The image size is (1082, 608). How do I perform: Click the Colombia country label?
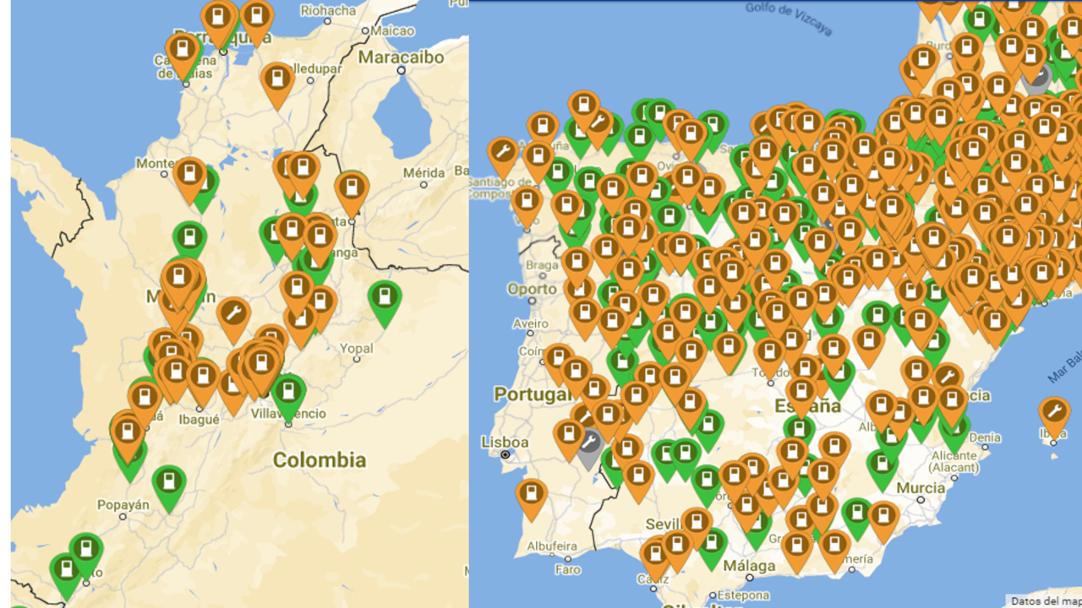319,460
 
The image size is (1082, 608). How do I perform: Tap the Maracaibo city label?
402,57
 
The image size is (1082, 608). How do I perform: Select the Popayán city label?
123,505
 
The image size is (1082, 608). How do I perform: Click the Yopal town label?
356,348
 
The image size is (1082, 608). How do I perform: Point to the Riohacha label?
328,11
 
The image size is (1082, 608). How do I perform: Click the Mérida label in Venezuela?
424,173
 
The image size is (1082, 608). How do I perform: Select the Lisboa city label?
505,442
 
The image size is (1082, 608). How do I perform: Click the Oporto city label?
532,289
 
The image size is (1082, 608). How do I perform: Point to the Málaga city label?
749,566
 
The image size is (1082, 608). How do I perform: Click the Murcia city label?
921,488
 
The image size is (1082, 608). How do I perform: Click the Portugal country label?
533,394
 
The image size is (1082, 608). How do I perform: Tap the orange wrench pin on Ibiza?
1053,413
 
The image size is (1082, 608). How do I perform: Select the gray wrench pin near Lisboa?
589,442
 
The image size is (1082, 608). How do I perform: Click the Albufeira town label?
553,546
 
